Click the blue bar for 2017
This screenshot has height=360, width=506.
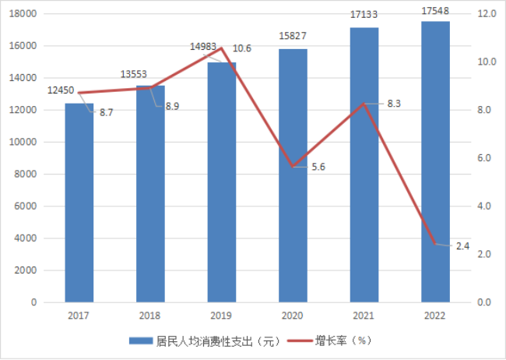(x=79, y=203)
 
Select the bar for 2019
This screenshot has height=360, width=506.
(x=222, y=182)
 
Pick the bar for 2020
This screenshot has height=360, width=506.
(x=293, y=175)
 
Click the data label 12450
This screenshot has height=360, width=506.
(x=61, y=90)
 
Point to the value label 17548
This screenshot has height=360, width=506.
(x=435, y=12)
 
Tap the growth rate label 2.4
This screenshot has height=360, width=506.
(x=462, y=246)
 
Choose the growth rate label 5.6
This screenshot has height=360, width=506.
(x=318, y=167)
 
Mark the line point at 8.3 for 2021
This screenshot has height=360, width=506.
(x=364, y=104)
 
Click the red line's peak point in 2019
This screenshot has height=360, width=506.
(x=222, y=48)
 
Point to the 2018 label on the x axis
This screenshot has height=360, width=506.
(x=150, y=315)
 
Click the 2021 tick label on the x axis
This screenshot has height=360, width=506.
(x=364, y=315)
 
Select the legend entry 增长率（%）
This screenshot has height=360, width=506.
(x=335, y=341)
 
